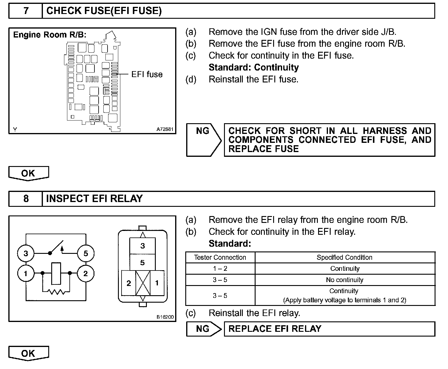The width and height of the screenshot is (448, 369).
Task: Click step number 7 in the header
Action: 26,11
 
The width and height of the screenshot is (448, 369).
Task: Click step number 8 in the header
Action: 26,199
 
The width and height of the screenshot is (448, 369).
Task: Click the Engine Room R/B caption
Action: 50,35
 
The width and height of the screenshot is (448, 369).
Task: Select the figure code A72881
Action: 165,129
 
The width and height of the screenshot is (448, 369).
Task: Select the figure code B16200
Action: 165,317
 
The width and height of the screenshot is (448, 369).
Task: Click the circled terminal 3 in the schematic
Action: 26,254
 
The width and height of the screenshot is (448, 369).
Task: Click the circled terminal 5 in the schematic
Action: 86,254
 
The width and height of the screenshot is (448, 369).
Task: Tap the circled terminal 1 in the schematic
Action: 26,273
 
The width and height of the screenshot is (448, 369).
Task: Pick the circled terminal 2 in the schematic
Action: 86,273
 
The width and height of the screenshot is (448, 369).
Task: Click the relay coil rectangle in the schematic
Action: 56,273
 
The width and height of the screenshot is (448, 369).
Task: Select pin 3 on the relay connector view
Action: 142,246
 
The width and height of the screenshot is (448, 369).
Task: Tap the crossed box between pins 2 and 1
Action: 143,283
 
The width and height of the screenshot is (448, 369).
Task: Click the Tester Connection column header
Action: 220,257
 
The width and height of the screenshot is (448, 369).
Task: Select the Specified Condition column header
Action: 345,257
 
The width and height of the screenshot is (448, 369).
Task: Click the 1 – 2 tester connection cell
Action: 220,268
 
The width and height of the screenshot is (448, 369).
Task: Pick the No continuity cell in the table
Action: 345,280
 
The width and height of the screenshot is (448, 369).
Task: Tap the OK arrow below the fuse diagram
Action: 28,173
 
